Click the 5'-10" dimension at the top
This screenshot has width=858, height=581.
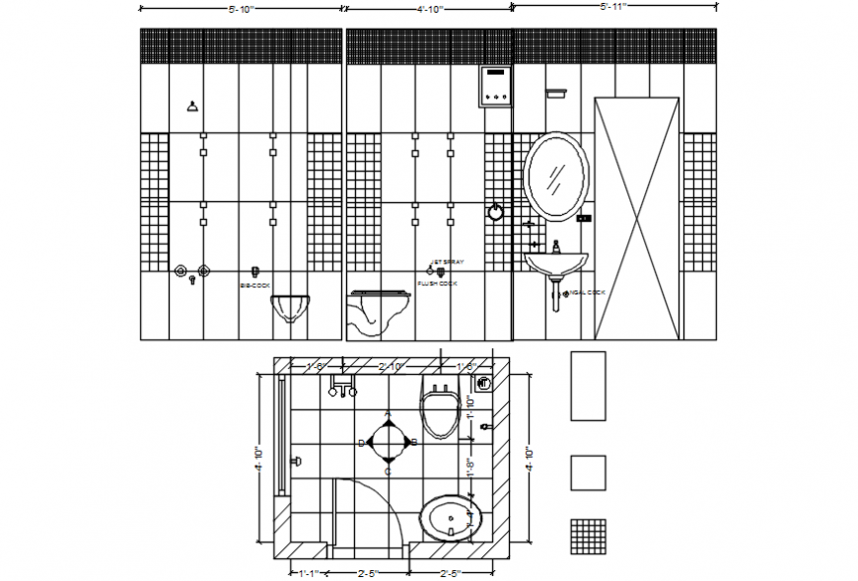tap(243, 9)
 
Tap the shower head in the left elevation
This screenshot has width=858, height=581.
tap(191, 107)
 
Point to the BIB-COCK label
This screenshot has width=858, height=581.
tap(254, 285)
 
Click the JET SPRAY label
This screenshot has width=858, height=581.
tap(446, 263)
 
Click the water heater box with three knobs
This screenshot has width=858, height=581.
tap(495, 87)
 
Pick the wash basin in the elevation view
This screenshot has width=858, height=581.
tap(556, 261)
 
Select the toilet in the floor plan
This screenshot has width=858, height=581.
tap(439, 409)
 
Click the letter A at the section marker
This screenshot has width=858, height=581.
tap(389, 414)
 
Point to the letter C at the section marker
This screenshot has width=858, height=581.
tap(389, 472)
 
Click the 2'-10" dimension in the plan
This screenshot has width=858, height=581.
tap(393, 367)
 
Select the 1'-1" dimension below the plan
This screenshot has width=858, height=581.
tap(312, 571)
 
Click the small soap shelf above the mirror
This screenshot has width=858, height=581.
tap(556, 94)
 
